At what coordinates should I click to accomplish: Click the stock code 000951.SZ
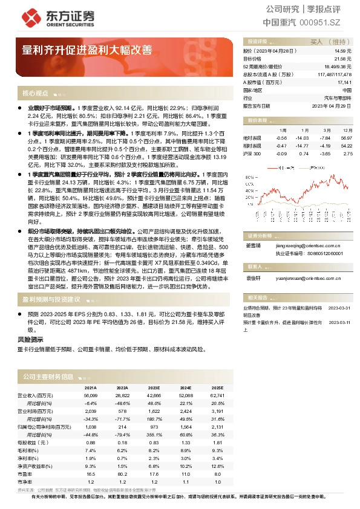321,22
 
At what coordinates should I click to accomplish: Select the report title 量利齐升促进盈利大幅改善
87,50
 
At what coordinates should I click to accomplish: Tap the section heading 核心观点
35,94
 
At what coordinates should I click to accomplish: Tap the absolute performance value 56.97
346,138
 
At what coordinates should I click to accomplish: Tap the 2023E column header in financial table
154,387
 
